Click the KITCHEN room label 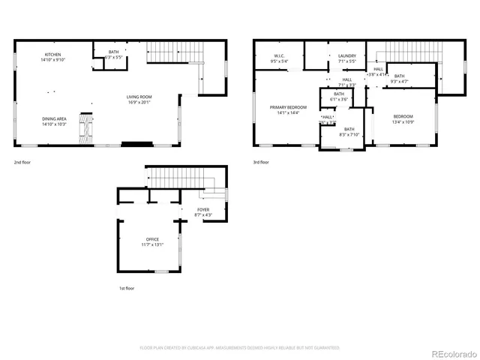(52, 55)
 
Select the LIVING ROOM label (139, 97)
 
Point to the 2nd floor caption (22, 161)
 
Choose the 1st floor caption (125, 288)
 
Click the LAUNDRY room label (346, 55)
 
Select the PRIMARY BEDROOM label (284, 107)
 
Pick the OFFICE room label (152, 239)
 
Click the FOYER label (203, 210)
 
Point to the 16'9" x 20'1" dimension (139, 103)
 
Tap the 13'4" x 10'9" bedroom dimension (403, 121)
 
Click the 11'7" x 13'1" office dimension (152, 244)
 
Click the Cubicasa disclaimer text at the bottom (240, 348)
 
